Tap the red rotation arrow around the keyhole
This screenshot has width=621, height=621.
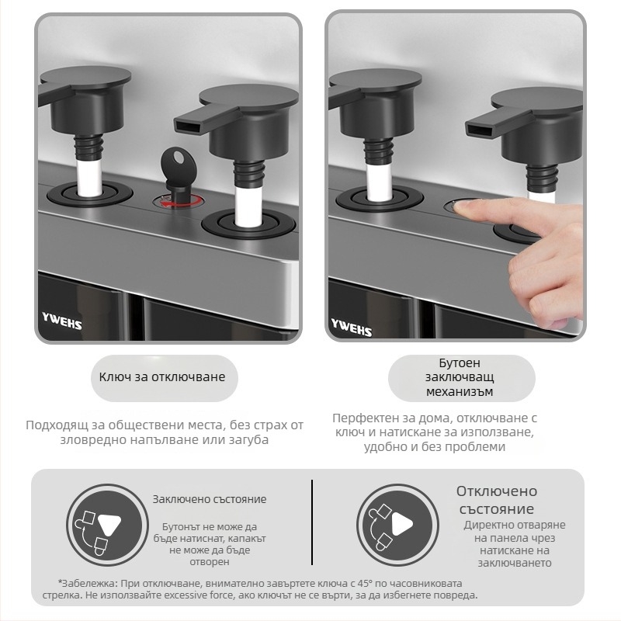pos(179,203)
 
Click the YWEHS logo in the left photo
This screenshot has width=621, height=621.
pos(62,321)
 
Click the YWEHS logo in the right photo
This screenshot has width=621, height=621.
pos(352,327)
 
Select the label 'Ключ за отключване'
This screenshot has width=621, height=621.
pos(162,376)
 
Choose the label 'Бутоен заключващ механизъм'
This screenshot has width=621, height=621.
pos(460,377)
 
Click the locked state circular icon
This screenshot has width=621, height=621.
pos(107,525)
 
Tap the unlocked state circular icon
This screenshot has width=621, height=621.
pos(397,525)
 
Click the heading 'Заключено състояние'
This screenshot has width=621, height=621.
pos(210,499)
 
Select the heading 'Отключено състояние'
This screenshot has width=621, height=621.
pos(497,500)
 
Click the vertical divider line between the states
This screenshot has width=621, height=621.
pos(312,522)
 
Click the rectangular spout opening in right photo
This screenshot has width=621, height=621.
pos(477,130)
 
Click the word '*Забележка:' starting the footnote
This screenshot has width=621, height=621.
pos(88,584)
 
